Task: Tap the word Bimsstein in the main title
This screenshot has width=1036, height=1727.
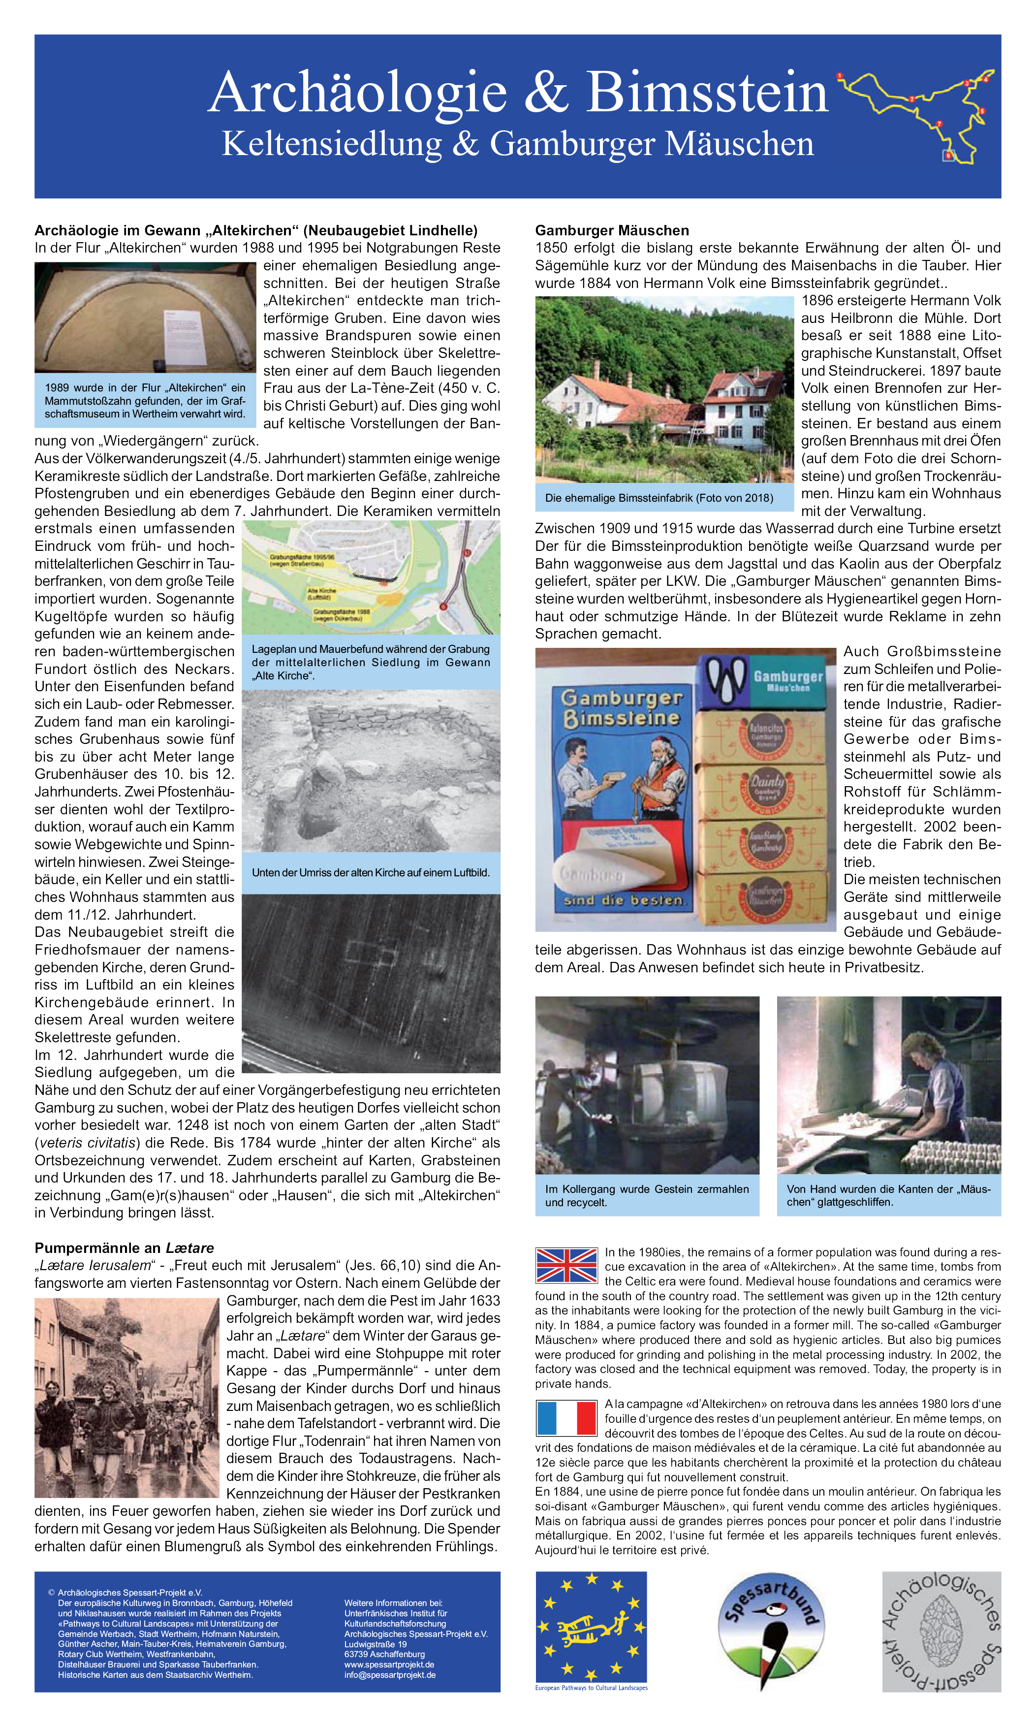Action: [x=706, y=93]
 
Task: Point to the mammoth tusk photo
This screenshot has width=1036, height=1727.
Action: [x=145, y=318]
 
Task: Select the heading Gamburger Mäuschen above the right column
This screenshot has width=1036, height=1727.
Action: [x=612, y=230]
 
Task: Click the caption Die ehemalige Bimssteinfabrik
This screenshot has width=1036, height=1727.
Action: [x=659, y=498]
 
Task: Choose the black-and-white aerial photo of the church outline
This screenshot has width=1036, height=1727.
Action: [x=371, y=983]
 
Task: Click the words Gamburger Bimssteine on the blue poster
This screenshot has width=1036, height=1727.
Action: [x=621, y=708]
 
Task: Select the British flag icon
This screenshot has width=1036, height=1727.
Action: [x=566, y=1265]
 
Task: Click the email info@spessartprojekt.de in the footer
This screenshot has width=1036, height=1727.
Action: [x=390, y=1675]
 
